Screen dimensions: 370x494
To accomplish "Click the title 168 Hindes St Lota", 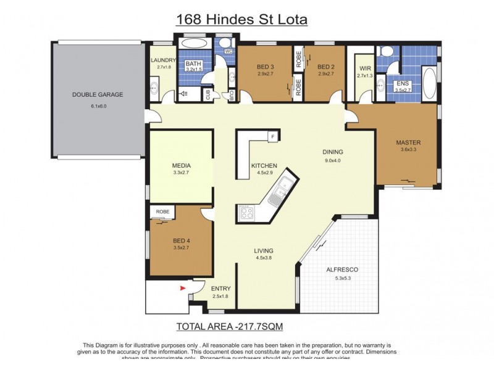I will point(241,19).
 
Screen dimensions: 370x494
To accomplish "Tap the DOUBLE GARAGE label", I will point(98,95).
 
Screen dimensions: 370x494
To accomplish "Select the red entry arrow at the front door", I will point(182,287).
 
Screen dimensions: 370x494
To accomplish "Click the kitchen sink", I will point(283,186).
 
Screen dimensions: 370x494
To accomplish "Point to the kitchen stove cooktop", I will point(246,214).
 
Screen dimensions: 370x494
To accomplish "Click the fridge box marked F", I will point(271,136).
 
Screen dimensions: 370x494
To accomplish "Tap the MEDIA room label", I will point(182,166).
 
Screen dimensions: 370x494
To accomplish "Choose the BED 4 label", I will point(182,240).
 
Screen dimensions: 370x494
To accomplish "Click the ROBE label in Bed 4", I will point(162,212).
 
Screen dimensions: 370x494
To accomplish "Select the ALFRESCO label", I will point(342,270).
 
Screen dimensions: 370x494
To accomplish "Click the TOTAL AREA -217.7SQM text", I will point(230,326).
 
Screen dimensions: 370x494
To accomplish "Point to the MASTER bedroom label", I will point(408,143).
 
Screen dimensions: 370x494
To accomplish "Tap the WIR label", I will point(363,69).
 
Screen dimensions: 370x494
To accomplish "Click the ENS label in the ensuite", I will point(403,83).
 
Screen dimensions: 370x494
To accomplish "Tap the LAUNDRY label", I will point(164,60).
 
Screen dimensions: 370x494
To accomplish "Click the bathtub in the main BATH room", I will point(196,45).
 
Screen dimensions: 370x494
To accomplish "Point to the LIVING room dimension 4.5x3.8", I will point(264,258).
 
